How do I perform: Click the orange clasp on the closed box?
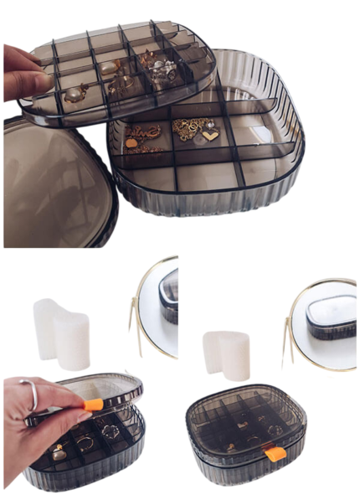[272, 454]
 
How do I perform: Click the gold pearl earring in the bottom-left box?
[59, 452]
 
